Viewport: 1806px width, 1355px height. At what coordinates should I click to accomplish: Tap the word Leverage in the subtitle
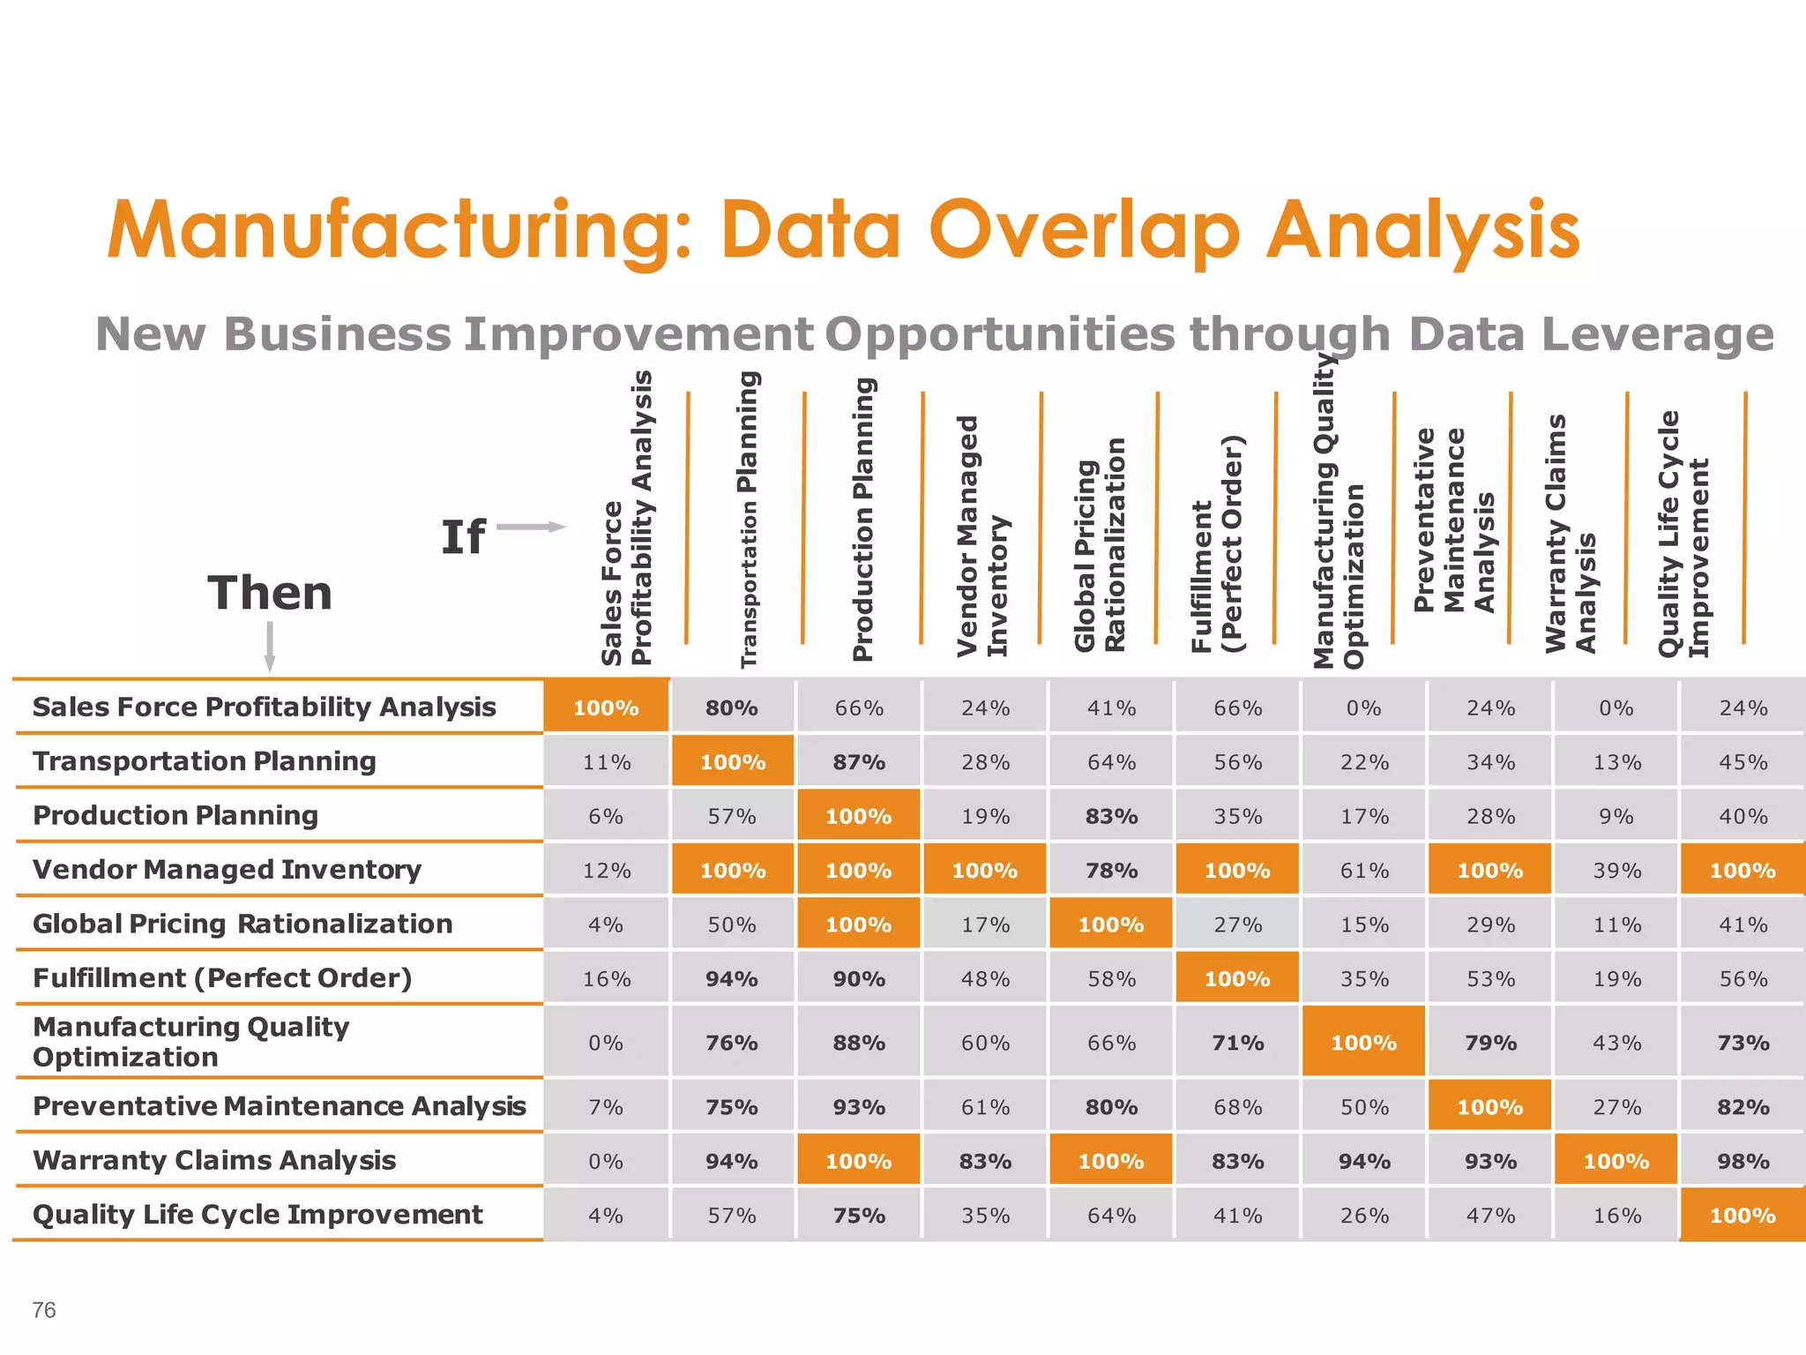click(x=1591, y=334)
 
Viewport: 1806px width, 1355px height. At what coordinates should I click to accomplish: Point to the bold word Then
click(x=270, y=593)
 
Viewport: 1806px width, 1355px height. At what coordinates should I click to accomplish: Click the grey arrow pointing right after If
click(x=531, y=527)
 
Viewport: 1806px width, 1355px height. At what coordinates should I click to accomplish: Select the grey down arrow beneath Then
click(x=270, y=646)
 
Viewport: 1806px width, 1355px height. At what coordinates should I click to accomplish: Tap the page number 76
click(x=44, y=1310)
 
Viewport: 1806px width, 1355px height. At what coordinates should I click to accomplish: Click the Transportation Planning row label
click(x=205, y=761)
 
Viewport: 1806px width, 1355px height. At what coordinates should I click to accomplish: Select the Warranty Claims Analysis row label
click(x=214, y=1160)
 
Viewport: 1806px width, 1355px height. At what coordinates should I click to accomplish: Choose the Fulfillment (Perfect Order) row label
click(x=222, y=978)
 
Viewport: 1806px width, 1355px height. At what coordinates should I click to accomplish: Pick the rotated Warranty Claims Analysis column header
click(x=1571, y=535)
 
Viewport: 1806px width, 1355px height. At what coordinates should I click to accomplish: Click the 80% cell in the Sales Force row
click(x=732, y=707)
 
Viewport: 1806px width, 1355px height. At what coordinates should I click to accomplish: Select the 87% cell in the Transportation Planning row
click(x=859, y=762)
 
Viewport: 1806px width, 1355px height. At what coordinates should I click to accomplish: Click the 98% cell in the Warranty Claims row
click(x=1743, y=1162)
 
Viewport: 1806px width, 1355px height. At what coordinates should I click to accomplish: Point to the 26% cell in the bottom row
click(x=1364, y=1216)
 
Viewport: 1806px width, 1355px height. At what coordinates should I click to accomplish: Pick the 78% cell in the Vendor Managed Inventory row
click(x=1111, y=871)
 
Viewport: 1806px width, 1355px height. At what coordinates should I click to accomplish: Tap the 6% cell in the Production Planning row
click(x=606, y=817)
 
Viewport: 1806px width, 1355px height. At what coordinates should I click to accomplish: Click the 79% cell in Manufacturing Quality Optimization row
click(x=1490, y=1043)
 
